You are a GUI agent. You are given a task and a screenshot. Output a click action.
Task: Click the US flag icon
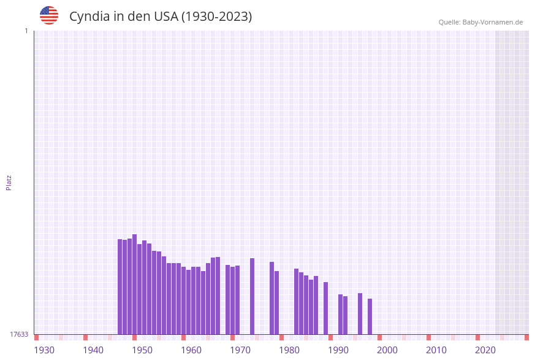tap(49, 15)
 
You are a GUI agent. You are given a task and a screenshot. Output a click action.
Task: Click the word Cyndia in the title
tap(89, 17)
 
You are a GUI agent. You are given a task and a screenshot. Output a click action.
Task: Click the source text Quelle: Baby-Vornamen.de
tap(480, 22)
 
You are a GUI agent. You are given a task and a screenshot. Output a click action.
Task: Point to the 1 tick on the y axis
tap(26, 31)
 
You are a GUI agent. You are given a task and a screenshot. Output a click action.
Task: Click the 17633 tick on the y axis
tap(19, 334)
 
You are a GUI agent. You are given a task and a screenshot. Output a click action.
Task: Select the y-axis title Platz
tap(9, 182)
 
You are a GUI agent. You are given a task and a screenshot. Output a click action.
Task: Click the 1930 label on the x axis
tap(44, 350)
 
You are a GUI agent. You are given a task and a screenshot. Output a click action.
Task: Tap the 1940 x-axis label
tap(93, 350)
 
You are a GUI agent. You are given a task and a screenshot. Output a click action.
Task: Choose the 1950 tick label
tap(142, 350)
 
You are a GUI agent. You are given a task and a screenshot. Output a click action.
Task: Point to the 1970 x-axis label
tap(240, 350)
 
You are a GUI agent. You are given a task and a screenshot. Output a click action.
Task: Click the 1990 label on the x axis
tap(338, 350)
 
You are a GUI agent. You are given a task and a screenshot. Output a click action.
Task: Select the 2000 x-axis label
tap(387, 350)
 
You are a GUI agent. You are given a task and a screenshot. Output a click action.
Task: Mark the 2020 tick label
tap(485, 350)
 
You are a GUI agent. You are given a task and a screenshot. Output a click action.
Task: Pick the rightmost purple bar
tap(370, 316)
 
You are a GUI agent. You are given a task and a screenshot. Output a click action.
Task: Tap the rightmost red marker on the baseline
tap(526, 337)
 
